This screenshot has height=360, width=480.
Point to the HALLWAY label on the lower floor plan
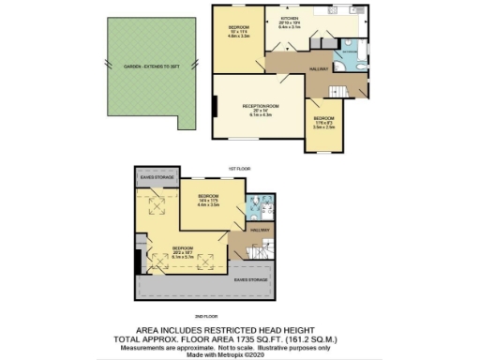pyautogui.click(x=259, y=230)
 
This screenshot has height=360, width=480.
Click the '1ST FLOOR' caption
pyautogui.click(x=238, y=168)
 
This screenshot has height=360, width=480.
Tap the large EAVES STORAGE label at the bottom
pyautogui.click(x=250, y=279)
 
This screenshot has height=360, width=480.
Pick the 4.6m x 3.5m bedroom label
pyautogui.click(x=238, y=32)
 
